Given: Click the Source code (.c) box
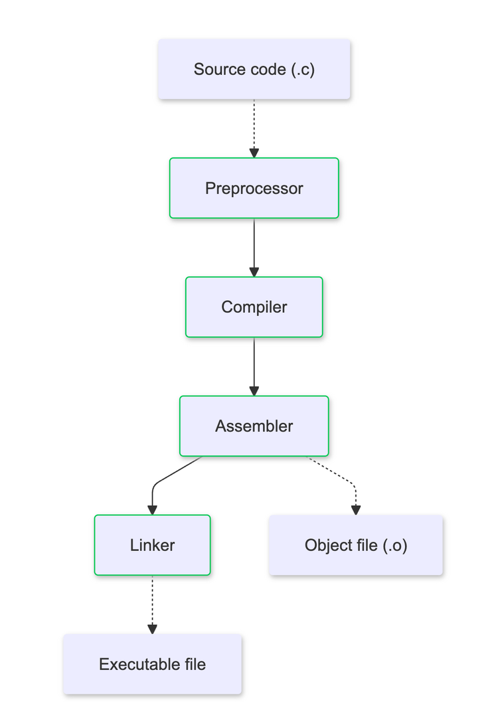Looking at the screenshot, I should (254, 69).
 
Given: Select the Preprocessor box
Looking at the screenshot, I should (254, 188).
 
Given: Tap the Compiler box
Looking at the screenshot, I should (254, 307).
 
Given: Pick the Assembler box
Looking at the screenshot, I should (254, 426).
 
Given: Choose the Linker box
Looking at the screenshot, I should (152, 545).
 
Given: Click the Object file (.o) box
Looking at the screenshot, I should (355, 545).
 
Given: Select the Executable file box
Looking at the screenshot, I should (152, 664).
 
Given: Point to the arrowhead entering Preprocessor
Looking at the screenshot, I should (254, 153).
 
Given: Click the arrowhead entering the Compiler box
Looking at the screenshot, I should (254, 272).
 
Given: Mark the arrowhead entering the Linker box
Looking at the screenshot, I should (152, 510).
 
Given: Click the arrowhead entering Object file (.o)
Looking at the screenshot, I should (355, 510).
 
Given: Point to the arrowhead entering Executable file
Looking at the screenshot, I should (152, 629).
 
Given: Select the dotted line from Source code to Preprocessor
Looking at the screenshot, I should (254, 123).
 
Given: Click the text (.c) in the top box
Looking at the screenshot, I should (303, 69).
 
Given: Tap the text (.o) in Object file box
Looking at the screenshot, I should (394, 545).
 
